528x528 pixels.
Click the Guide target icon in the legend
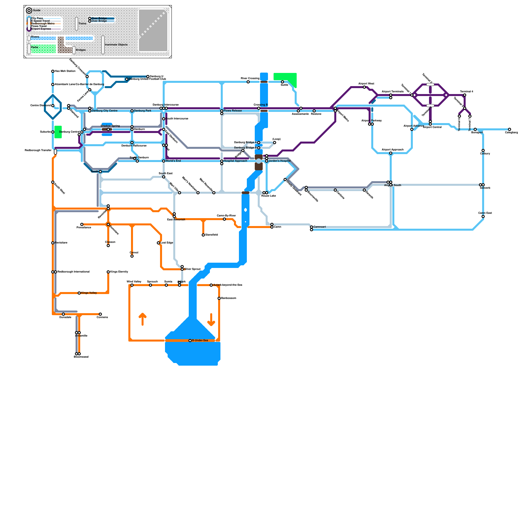coord(29,11)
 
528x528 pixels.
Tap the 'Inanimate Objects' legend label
coord(116,45)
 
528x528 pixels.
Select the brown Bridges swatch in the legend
coord(63,46)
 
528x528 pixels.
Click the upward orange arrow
coord(143,319)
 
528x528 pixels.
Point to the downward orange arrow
coord(211,319)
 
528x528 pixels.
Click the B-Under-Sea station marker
coord(190,341)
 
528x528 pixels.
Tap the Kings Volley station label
coord(89,293)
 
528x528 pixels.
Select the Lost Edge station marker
coord(158,243)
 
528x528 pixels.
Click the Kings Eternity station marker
coord(108,272)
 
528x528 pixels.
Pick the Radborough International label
coord(73,272)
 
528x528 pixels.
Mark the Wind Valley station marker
coord(132,285)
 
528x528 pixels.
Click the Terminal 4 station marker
coord(465,95)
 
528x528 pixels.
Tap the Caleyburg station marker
coord(510,129)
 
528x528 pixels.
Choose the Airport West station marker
coord(364,87)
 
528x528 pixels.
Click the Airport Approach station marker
coord(391,153)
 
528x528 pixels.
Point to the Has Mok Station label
coord(65,71)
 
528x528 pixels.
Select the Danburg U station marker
coord(148,77)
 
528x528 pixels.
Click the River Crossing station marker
coord(248,82)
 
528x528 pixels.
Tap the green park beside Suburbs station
coord(58,132)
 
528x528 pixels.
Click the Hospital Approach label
coord(235,161)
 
